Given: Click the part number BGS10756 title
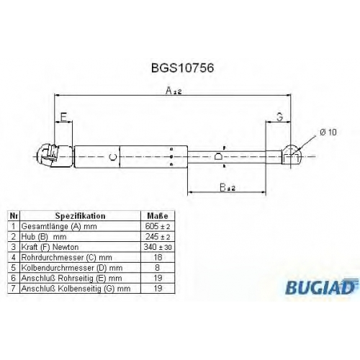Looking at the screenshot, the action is [x=182, y=68].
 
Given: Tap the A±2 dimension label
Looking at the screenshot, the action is [x=174, y=91].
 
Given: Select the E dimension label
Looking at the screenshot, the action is [x=63, y=117].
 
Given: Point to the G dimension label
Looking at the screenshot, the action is [x=280, y=117].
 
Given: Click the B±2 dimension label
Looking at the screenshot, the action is [x=228, y=187].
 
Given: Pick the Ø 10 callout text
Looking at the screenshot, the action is [x=328, y=132].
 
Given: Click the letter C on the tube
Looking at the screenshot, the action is [x=113, y=157].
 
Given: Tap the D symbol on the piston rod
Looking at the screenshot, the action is [x=218, y=156].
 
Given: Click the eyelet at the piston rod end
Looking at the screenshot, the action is [x=291, y=156].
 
